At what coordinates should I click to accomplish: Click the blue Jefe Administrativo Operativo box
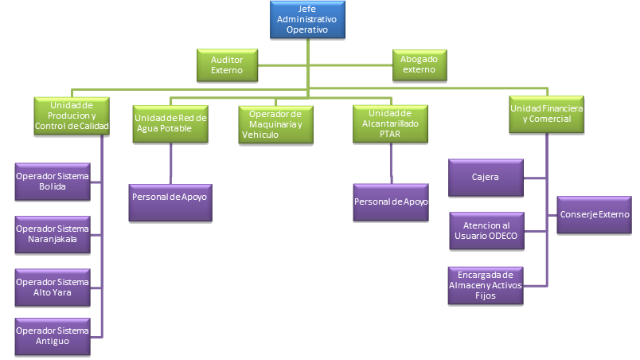click(x=307, y=19)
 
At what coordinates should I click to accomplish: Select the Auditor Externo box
click(x=227, y=65)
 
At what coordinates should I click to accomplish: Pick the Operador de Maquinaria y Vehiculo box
click(x=275, y=123)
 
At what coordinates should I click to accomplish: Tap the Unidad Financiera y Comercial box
click(x=547, y=113)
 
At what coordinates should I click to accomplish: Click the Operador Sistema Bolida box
click(x=53, y=181)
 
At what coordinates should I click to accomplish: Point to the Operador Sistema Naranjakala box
click(x=53, y=233)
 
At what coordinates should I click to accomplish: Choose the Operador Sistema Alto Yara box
click(x=53, y=287)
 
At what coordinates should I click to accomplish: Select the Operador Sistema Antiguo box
click(x=53, y=335)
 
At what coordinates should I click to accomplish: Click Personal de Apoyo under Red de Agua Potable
click(x=171, y=202)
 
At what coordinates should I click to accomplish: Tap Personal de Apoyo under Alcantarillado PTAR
click(x=391, y=202)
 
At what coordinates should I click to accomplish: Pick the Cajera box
click(x=486, y=178)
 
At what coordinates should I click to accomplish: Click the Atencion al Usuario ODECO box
click(x=486, y=230)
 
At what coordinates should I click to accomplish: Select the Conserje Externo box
click(x=594, y=214)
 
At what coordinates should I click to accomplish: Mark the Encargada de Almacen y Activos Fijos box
click(x=486, y=285)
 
